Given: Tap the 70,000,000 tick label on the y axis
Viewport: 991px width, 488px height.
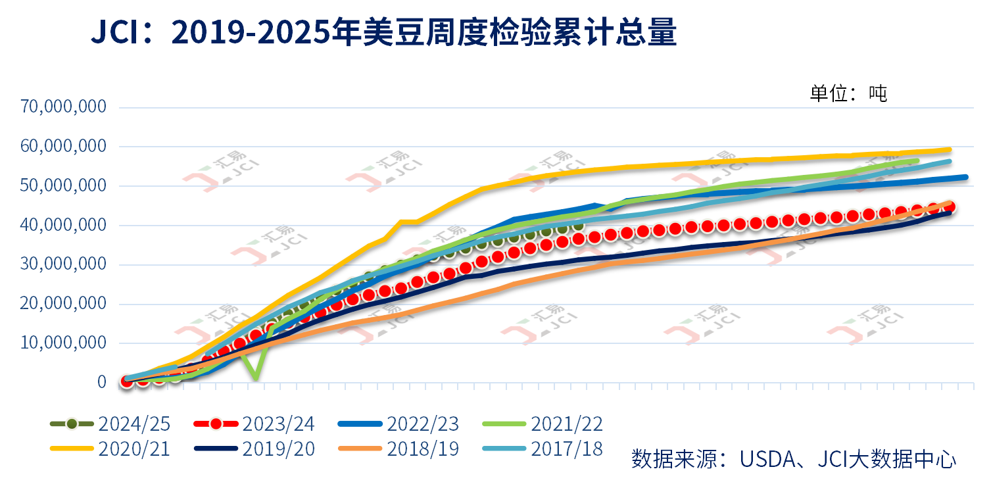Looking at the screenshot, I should point(64,107).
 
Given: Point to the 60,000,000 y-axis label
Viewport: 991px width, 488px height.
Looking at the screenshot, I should point(64,146).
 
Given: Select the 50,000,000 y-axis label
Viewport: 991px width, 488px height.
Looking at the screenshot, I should point(64,185).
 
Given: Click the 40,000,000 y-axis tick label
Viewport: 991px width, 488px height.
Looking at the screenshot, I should point(64,225).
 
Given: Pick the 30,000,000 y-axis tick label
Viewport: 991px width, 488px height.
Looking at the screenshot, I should point(64,264).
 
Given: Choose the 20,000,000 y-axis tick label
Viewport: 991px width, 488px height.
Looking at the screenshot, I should point(64,304).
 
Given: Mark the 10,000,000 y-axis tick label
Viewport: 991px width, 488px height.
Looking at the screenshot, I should point(64,343).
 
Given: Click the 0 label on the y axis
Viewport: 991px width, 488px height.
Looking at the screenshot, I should point(101,382).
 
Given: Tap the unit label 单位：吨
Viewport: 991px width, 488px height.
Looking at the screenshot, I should point(848,93).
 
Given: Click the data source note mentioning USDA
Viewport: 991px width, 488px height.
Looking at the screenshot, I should point(794,458).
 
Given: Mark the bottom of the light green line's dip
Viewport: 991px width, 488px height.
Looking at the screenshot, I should point(255,379).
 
